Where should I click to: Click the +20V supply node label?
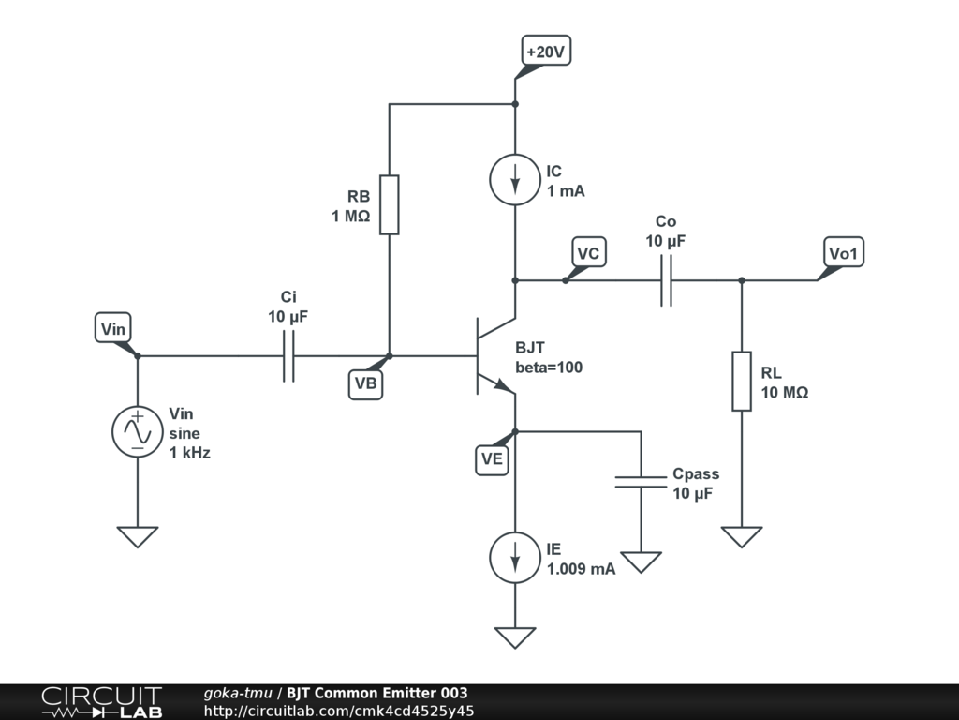545,52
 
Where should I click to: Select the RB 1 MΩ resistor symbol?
389,203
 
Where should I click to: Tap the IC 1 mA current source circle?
515,180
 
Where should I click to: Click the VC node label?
588,253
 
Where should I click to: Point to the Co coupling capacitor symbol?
666,280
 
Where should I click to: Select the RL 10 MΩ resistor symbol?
742,381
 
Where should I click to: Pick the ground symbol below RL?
742,536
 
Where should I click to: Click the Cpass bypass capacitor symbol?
641,482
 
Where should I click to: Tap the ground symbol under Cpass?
641,562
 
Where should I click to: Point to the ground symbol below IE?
515,637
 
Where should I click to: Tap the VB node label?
366,383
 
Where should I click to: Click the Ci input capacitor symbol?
288,356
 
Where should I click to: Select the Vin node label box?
113,328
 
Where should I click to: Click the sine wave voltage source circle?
138,432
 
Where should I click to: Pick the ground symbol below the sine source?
138,536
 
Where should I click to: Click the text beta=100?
549,367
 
